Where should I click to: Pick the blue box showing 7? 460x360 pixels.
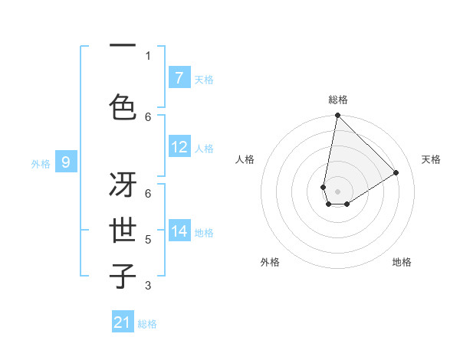(x=179, y=78)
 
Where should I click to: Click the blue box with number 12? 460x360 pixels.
(x=179, y=147)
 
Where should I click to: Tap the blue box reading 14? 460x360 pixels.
(x=179, y=231)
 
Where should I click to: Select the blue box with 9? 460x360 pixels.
(x=66, y=162)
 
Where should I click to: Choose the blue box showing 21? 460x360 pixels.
(x=123, y=322)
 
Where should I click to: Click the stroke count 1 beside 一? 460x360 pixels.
(x=148, y=55)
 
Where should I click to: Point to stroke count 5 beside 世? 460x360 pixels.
(x=148, y=240)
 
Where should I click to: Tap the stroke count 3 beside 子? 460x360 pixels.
(x=148, y=286)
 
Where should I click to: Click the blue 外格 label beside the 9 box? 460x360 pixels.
(x=41, y=163)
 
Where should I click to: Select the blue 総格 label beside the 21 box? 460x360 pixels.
(x=147, y=324)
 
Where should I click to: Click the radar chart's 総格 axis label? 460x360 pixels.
(x=338, y=100)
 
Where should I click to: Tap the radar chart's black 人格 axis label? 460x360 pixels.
(x=245, y=159)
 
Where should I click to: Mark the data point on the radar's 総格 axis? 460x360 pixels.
(x=337, y=116)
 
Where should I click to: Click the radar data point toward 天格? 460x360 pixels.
(x=396, y=173)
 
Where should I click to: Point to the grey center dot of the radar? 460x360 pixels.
(x=337, y=191)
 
